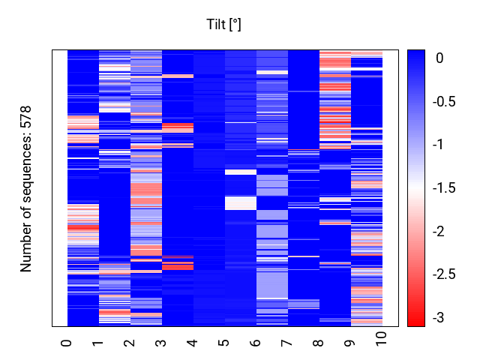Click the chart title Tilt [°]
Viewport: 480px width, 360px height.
(x=223, y=25)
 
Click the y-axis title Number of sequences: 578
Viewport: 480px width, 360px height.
(x=25, y=189)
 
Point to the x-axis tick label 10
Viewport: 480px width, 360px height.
(x=381, y=339)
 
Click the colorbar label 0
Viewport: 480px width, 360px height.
(x=439, y=58)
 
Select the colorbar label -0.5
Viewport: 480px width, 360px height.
(x=444, y=101)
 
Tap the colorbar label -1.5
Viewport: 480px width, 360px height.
(x=444, y=187)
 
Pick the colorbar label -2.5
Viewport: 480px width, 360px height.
(x=444, y=274)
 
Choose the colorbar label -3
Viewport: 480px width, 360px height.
(x=438, y=317)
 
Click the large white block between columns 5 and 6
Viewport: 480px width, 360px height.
(x=241, y=203)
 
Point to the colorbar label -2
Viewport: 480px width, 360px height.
(x=438, y=231)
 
